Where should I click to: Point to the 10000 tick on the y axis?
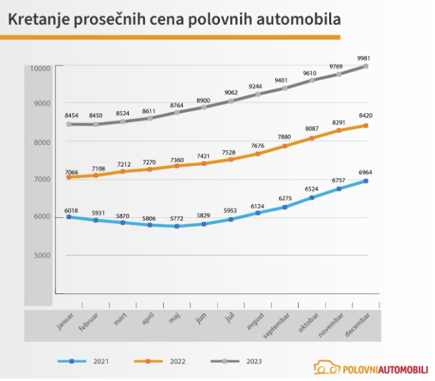point(40,68)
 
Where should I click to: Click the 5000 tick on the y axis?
point(42,256)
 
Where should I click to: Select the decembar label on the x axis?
point(361,325)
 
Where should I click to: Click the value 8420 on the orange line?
point(365,116)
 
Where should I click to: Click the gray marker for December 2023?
point(366,66)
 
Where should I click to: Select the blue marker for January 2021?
point(69,217)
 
